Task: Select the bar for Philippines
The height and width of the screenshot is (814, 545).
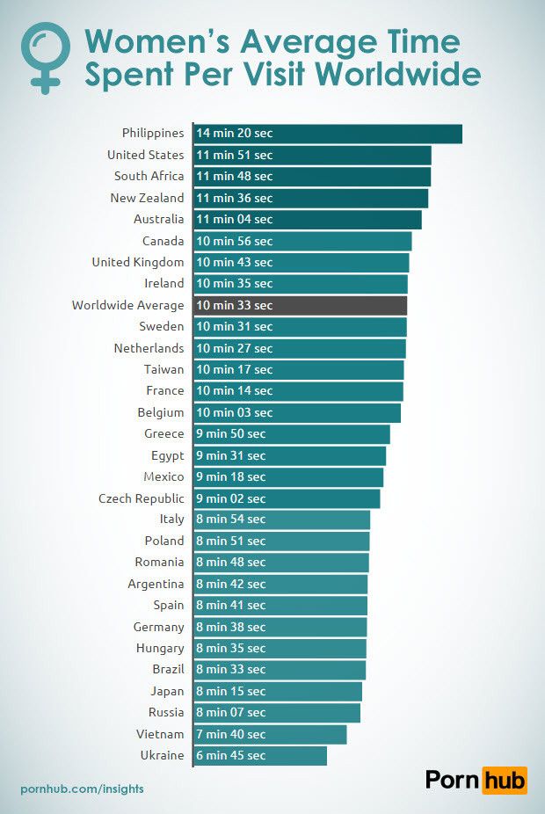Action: click(x=327, y=134)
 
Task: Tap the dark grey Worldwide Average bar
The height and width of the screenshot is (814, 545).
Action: click(x=300, y=305)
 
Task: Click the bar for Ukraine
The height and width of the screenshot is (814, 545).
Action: click(x=260, y=755)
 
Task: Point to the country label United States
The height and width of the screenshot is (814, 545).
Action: click(x=146, y=155)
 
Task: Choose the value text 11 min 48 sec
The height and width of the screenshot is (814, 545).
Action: click(x=235, y=177)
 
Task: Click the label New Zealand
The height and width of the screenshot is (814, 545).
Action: click(x=148, y=198)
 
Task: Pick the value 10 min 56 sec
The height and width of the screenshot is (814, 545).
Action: click(x=235, y=241)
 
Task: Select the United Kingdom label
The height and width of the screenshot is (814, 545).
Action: click(x=138, y=262)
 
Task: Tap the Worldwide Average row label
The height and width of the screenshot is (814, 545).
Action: click(x=128, y=305)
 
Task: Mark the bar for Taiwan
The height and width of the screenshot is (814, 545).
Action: click(x=299, y=369)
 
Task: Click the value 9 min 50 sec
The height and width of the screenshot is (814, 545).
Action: click(x=231, y=433)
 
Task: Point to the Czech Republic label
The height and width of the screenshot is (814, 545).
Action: click(x=142, y=498)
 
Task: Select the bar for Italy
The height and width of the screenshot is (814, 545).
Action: click(x=281, y=520)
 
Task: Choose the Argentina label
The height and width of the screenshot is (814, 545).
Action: click(x=156, y=584)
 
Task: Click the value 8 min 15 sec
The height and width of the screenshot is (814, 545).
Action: click(x=231, y=691)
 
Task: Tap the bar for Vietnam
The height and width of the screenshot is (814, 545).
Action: click(x=270, y=734)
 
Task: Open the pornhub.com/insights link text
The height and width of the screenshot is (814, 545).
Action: click(x=82, y=789)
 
